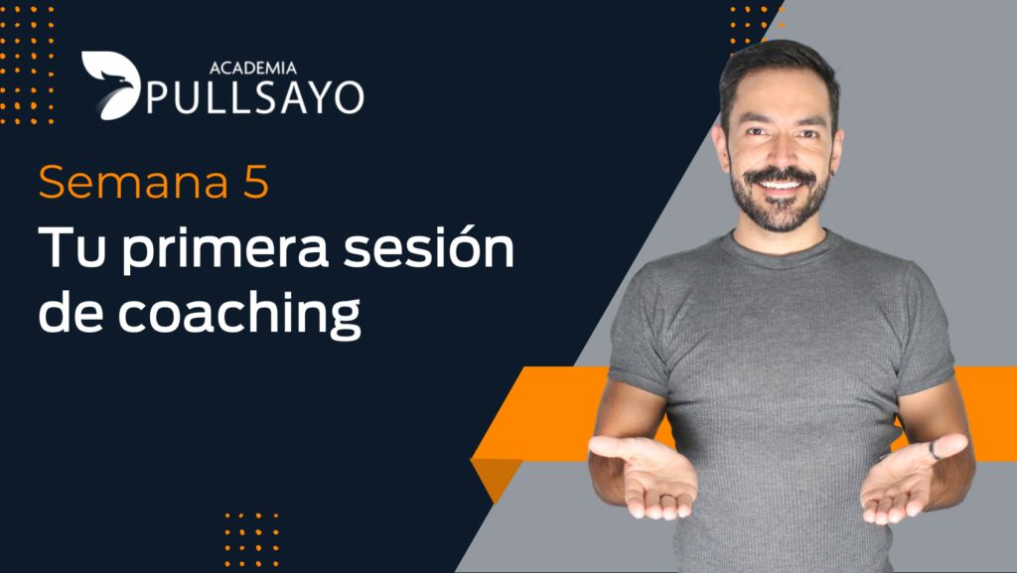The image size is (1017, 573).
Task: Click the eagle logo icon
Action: pyautogui.click(x=111, y=84)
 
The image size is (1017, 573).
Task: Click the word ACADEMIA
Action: pyautogui.click(x=253, y=68)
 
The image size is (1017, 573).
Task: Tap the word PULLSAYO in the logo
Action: pyautogui.click(x=255, y=98)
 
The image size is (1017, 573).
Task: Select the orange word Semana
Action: pyautogui.click(x=134, y=182)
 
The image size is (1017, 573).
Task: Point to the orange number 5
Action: pyautogui.click(x=256, y=182)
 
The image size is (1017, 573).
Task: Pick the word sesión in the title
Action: pyautogui.click(x=429, y=247)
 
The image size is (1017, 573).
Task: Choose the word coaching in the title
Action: pyautogui.click(x=238, y=314)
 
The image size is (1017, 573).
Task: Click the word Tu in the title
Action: pyautogui.click(x=72, y=247)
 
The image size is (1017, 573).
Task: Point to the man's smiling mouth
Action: pyautogui.click(x=781, y=186)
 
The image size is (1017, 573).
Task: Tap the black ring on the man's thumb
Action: pyautogui.click(x=935, y=450)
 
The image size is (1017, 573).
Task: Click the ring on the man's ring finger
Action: pyautogui.click(x=668, y=498)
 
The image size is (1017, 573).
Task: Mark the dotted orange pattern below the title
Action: pyautogui.click(x=251, y=540)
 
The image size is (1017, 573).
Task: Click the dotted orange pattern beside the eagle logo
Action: pyautogui.click(x=27, y=64)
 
